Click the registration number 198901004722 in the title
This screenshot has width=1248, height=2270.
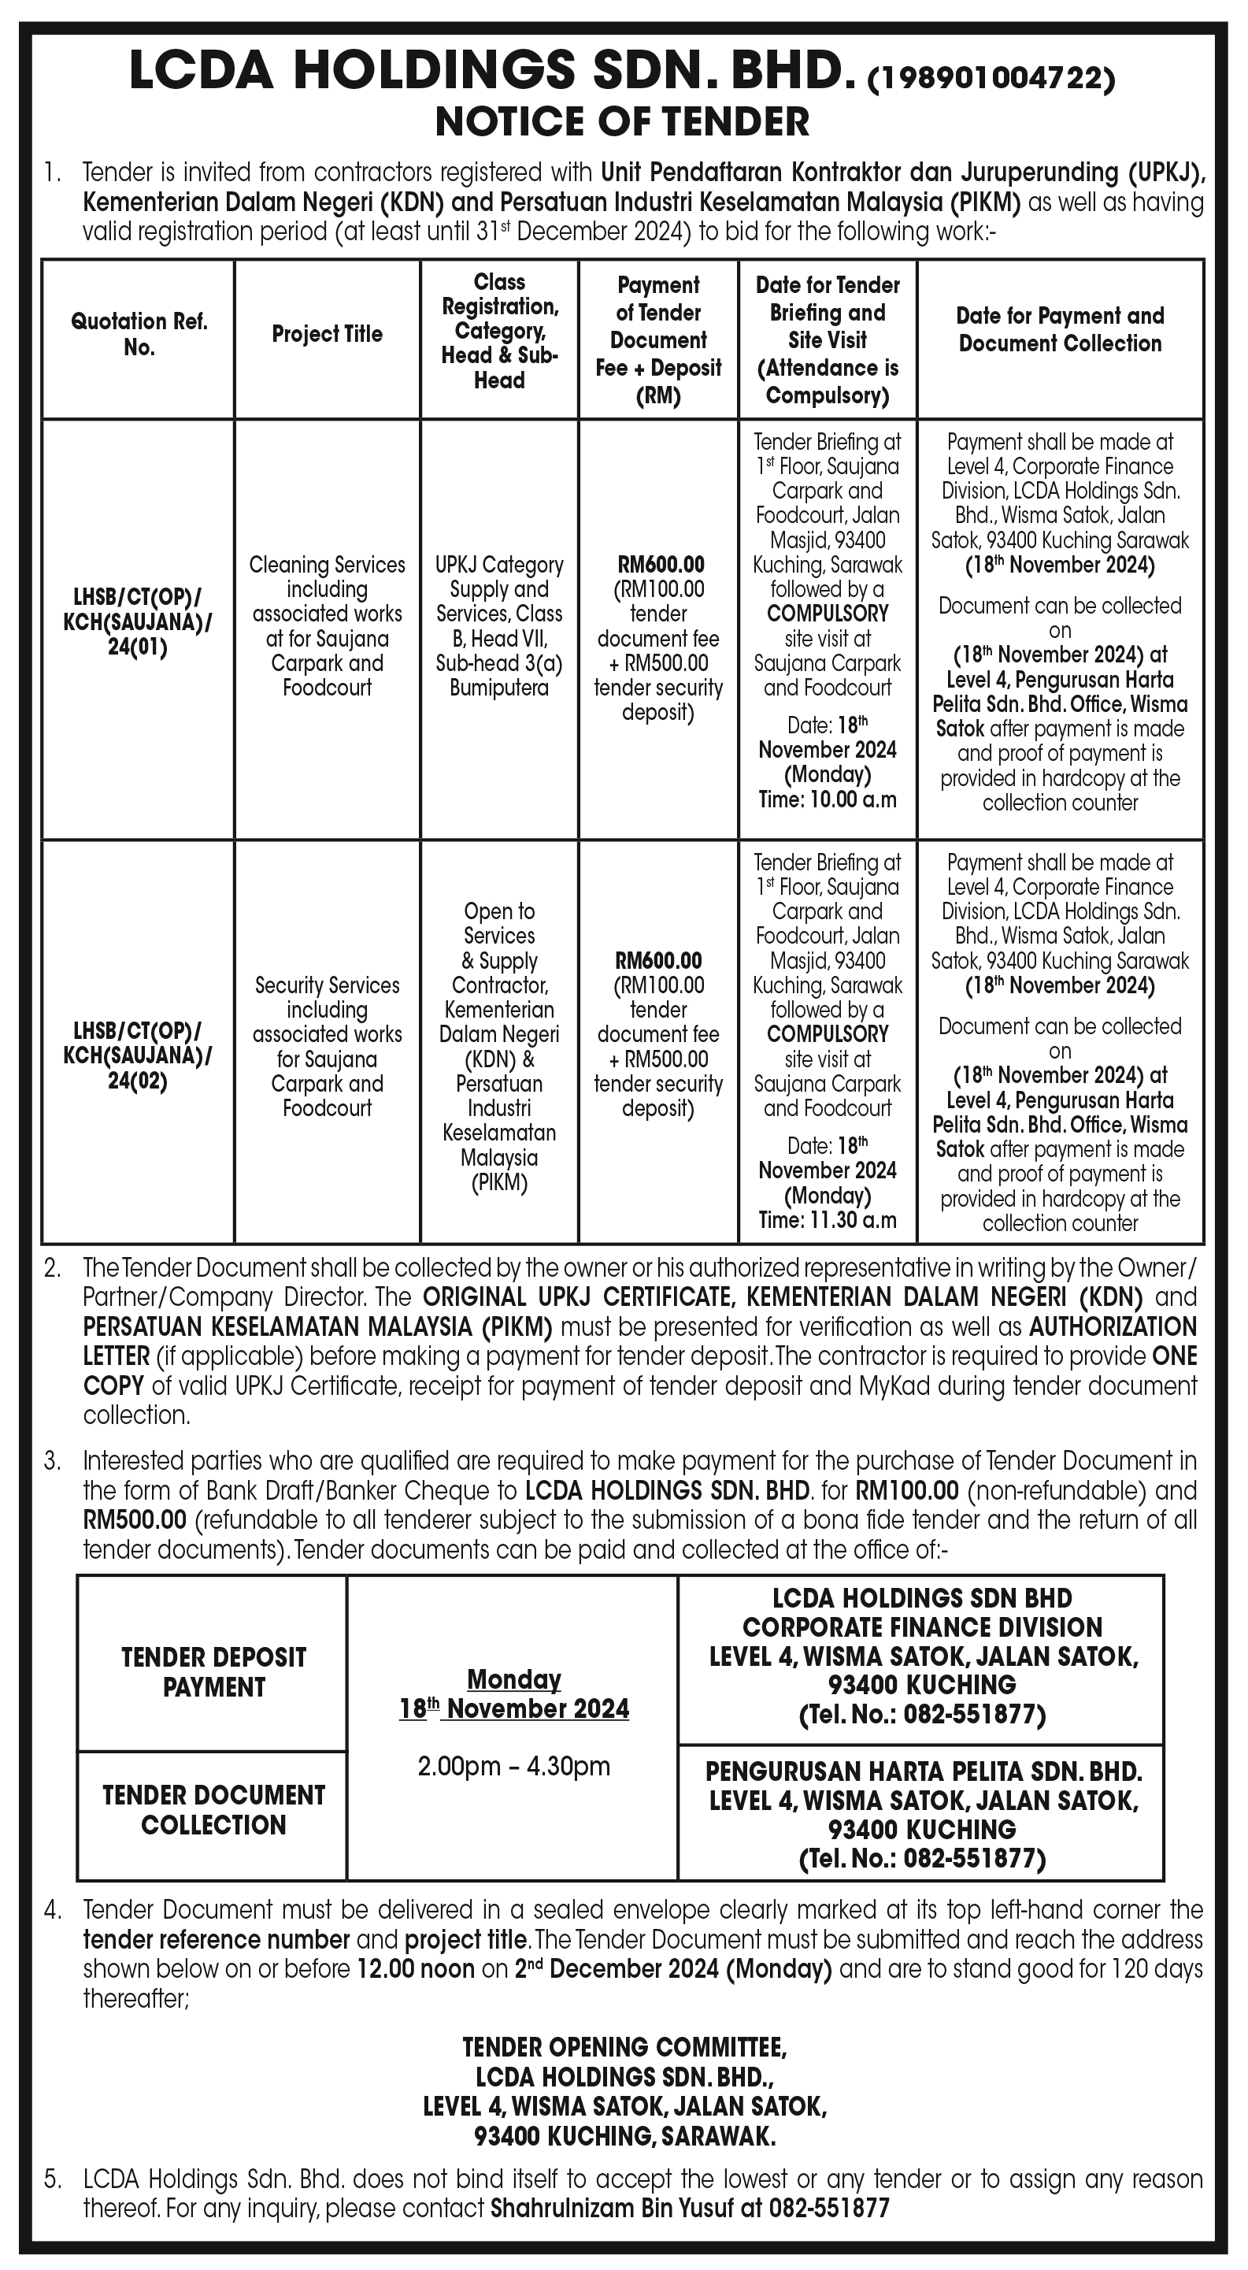click(991, 80)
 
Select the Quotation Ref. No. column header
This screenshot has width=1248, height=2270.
click(139, 334)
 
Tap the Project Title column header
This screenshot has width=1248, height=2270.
click(327, 334)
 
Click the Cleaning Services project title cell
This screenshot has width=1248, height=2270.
click(327, 625)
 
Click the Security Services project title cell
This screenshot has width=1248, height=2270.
click(327, 1046)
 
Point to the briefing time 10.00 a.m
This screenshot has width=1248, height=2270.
click(828, 800)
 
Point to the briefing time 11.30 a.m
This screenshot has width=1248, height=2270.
click(828, 1221)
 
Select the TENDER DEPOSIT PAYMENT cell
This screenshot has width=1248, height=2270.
click(213, 1671)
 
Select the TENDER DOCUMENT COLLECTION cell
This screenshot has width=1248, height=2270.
click(213, 1810)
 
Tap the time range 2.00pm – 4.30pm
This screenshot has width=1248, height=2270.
click(513, 1766)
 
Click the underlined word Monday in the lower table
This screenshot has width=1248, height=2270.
click(513, 1679)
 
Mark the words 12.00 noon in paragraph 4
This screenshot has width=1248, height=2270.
click(416, 1968)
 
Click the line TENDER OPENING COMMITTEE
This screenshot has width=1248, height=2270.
click(624, 2046)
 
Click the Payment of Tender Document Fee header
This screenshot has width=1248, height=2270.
click(658, 339)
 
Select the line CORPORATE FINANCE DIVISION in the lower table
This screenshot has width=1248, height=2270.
click(921, 1627)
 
